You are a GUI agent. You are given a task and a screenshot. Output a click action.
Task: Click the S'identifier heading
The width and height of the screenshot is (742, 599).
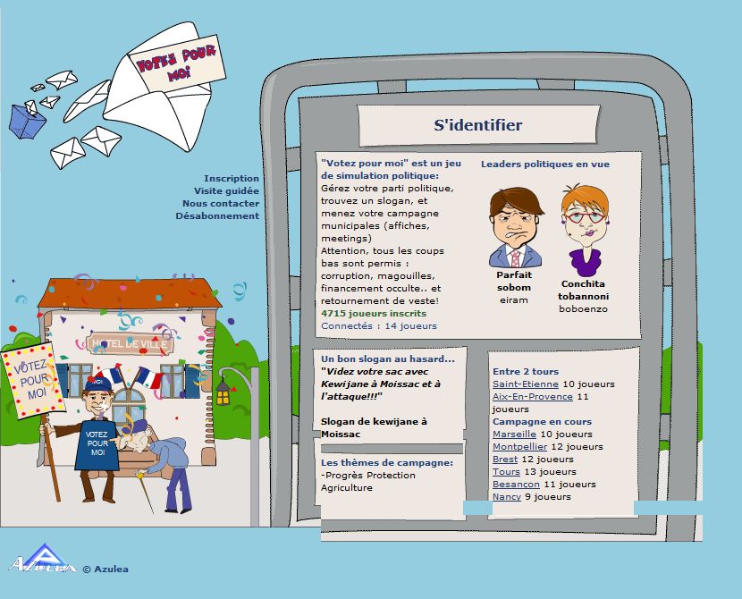[477, 126]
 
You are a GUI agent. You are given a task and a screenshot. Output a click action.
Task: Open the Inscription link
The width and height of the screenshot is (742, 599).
[231, 179]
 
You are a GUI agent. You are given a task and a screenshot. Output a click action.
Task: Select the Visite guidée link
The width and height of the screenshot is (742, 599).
[226, 191]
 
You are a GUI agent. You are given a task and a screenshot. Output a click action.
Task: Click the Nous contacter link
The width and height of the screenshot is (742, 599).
[221, 204]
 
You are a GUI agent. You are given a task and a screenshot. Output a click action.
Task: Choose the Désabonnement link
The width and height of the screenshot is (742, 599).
[217, 216]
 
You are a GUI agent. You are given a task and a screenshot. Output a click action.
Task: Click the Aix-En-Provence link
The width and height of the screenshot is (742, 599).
[533, 397]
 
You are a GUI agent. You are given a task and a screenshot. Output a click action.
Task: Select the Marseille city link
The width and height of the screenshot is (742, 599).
[514, 434]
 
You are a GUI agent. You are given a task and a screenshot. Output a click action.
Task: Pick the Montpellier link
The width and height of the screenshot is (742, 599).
[519, 447]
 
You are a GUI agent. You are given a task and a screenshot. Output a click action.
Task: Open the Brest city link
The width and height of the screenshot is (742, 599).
[505, 460]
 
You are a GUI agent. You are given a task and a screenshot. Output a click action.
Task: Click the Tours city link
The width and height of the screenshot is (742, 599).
[506, 472]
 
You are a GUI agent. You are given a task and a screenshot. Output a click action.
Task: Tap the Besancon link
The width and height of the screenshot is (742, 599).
[516, 485]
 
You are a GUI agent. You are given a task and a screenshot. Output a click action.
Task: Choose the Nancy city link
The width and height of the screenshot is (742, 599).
[507, 497]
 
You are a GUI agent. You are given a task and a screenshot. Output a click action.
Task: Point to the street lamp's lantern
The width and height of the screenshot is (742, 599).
[223, 391]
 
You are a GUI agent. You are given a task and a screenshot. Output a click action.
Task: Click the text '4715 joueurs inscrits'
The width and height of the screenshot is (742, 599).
[374, 314]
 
